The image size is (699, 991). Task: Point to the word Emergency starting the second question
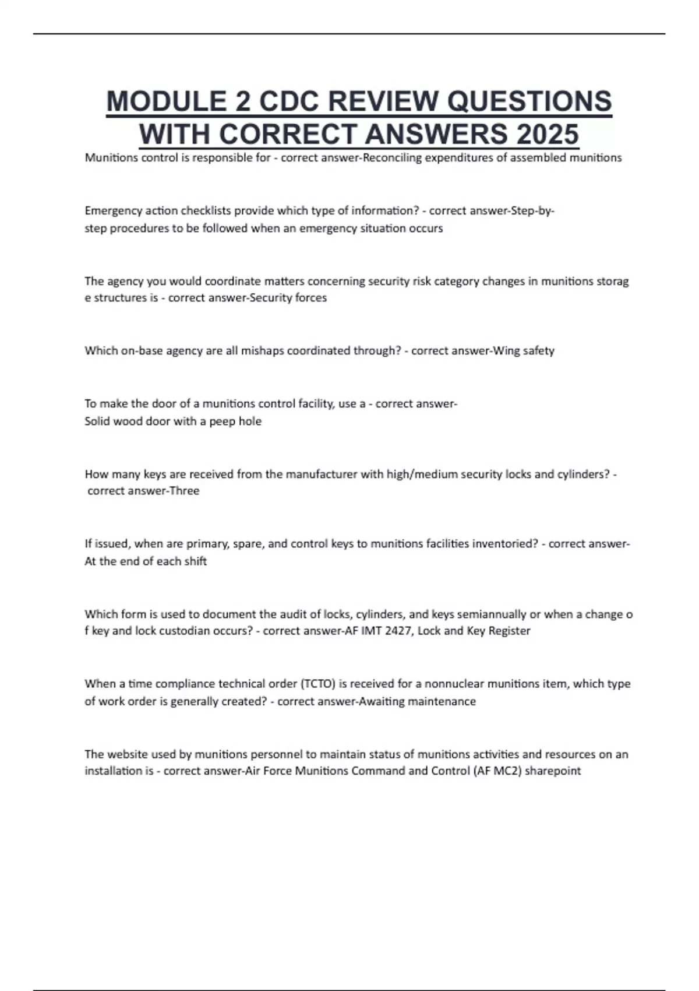tap(111, 210)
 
